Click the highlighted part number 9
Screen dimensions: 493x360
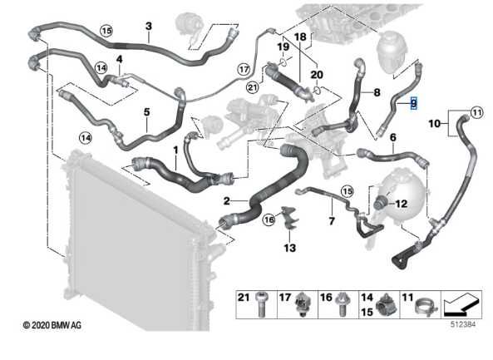coord(414,103)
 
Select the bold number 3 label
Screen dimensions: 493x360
coord(149,27)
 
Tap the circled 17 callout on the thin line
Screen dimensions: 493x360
coord(244,69)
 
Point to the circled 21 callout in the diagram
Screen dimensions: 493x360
coord(253,87)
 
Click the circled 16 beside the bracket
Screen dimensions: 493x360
coord(269,219)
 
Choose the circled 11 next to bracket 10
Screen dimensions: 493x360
coord(476,112)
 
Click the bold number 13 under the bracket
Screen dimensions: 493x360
coord(290,248)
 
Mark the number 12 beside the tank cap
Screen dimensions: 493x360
coord(402,204)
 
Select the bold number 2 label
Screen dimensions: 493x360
coord(227,201)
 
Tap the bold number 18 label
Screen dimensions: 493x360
coord(300,37)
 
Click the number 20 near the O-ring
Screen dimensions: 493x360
coord(317,75)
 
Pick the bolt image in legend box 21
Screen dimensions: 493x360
coord(260,304)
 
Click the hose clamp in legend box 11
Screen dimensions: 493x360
coord(426,307)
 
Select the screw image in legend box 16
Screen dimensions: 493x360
coord(341,304)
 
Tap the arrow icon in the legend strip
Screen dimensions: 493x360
coord(461,304)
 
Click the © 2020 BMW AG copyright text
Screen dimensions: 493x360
coord(52,325)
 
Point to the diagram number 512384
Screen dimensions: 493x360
coord(463,324)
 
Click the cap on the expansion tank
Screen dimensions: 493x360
coord(380,202)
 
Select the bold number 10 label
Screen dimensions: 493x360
coord(435,124)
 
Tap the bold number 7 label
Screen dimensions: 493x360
coord(332,222)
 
